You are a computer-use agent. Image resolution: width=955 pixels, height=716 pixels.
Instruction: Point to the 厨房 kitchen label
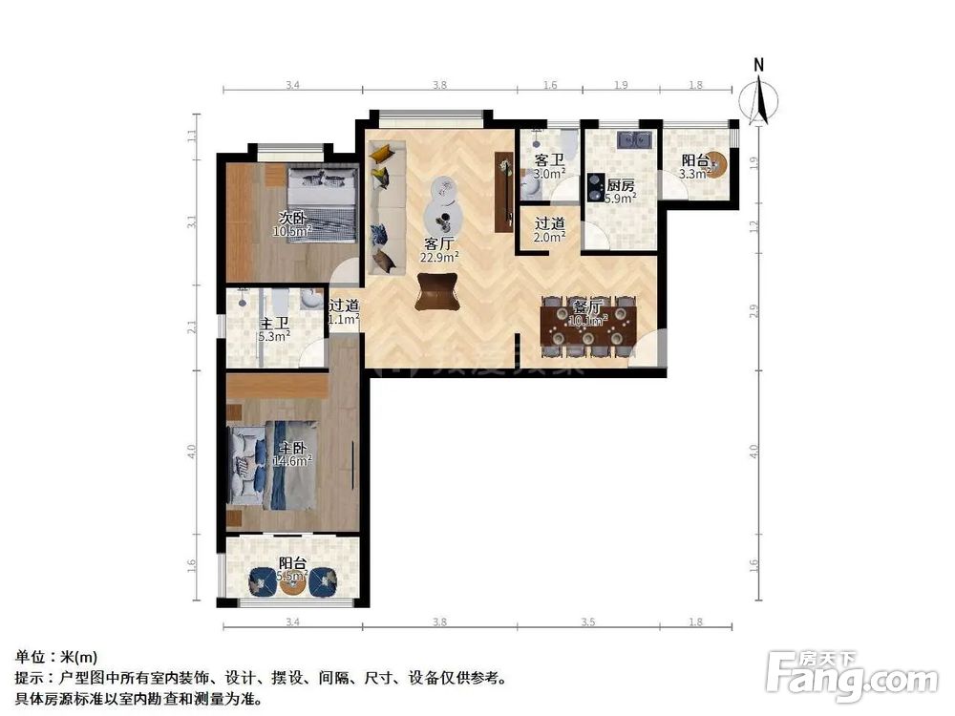pyautogui.click(x=620, y=185)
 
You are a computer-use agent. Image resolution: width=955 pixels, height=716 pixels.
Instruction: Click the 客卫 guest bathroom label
pyautogui.click(x=548, y=160)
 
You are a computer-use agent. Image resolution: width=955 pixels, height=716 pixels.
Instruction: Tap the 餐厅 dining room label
pyautogui.click(x=586, y=306)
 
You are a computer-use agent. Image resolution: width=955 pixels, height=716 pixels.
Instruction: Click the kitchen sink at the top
pyautogui.click(x=634, y=140)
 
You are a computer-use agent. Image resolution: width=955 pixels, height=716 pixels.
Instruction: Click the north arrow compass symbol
pyautogui.click(x=760, y=100)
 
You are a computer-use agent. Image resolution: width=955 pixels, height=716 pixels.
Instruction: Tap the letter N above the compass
pyautogui.click(x=759, y=65)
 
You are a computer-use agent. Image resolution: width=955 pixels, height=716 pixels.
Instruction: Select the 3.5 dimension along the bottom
pyautogui.click(x=587, y=622)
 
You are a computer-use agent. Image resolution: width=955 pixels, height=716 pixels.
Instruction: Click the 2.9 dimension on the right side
pyautogui.click(x=753, y=310)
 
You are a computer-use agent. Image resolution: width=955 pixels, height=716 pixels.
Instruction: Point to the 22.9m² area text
pyautogui.click(x=440, y=257)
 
